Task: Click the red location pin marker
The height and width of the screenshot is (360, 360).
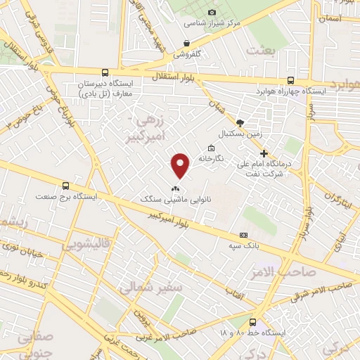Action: pyautogui.click(x=181, y=165)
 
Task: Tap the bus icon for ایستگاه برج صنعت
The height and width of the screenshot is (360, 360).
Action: pyautogui.click(x=65, y=186)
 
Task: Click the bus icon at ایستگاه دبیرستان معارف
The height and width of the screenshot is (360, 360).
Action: pyautogui.click(x=105, y=72)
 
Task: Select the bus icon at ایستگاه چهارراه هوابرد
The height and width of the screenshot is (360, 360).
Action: pyautogui.click(x=291, y=82)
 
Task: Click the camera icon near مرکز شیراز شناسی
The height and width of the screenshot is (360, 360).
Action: pyautogui.click(x=212, y=12)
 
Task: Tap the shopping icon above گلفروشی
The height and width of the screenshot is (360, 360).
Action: pyautogui.click(x=186, y=43)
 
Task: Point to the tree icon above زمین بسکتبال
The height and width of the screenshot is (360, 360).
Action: pyautogui.click(x=240, y=122)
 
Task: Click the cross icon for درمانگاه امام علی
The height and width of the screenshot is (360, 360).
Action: pyautogui.click(x=264, y=153)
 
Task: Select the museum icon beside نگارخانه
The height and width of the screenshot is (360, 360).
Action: pyautogui.click(x=211, y=148)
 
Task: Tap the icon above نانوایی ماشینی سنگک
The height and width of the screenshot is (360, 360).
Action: pyautogui.click(x=176, y=188)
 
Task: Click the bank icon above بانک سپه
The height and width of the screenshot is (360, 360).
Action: pyautogui.click(x=244, y=235)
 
